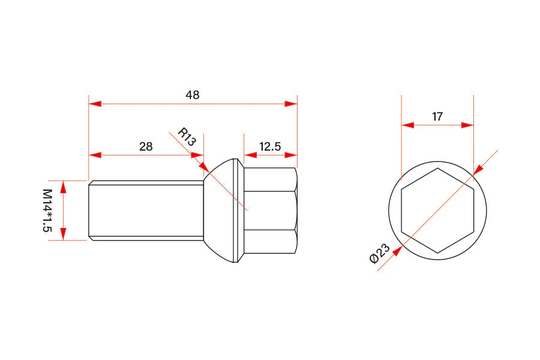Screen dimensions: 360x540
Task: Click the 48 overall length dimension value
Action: pos(193,95)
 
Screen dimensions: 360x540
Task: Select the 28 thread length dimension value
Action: pos(146,146)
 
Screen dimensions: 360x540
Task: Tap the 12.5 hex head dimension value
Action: pos(270,146)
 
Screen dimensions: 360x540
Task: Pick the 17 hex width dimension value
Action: pos(437,116)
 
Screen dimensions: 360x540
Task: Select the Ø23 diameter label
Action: pos(379,254)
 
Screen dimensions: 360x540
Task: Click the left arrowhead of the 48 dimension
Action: pos(95,104)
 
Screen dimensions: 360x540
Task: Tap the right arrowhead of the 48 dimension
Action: pos(291,104)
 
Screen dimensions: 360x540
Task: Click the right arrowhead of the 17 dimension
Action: pos(467,125)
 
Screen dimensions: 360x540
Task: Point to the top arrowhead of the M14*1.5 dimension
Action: pos(64,186)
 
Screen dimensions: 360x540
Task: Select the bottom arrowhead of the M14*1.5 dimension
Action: pos(64,234)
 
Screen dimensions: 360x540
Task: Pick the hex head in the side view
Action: pos(270,210)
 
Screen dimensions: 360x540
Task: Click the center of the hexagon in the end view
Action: pos(437,210)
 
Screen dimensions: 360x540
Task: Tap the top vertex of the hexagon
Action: pos(437,169)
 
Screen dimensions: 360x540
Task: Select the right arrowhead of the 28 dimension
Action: pos(197,155)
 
